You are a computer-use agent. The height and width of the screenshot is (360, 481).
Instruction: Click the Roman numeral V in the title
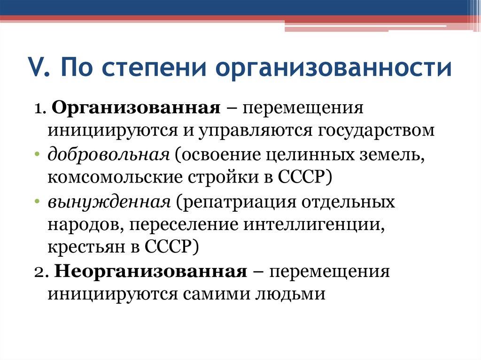pos(35,68)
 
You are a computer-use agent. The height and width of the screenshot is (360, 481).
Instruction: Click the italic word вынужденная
pos(109,203)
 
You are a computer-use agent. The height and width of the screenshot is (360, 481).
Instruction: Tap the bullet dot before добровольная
pos(37,154)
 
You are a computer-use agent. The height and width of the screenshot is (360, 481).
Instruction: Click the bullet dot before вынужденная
pos(37,201)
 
